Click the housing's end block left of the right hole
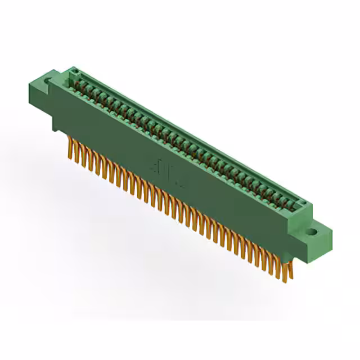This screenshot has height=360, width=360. tap(297, 222)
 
